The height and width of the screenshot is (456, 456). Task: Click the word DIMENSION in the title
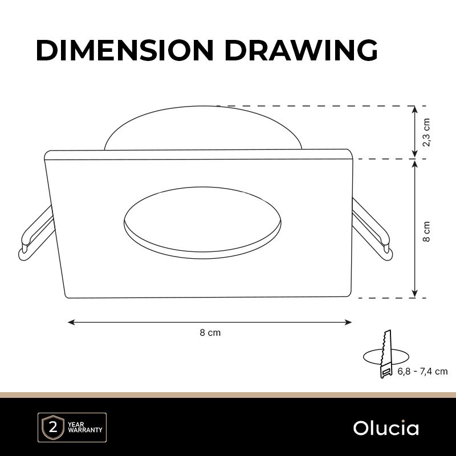tap(125, 50)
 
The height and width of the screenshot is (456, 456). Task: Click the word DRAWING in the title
tap(301, 50)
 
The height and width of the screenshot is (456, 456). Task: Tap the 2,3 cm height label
tap(426, 132)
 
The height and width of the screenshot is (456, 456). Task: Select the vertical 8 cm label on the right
tap(426, 231)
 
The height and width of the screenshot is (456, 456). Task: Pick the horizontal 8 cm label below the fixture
tap(210, 332)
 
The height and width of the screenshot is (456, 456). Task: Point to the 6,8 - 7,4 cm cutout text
tap(422, 372)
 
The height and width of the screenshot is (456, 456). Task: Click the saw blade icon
tap(386, 353)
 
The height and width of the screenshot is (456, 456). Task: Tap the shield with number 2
tap(53, 428)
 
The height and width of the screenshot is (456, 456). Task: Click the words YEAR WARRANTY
tap(85, 427)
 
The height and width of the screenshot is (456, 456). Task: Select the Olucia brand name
tap(386, 428)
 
